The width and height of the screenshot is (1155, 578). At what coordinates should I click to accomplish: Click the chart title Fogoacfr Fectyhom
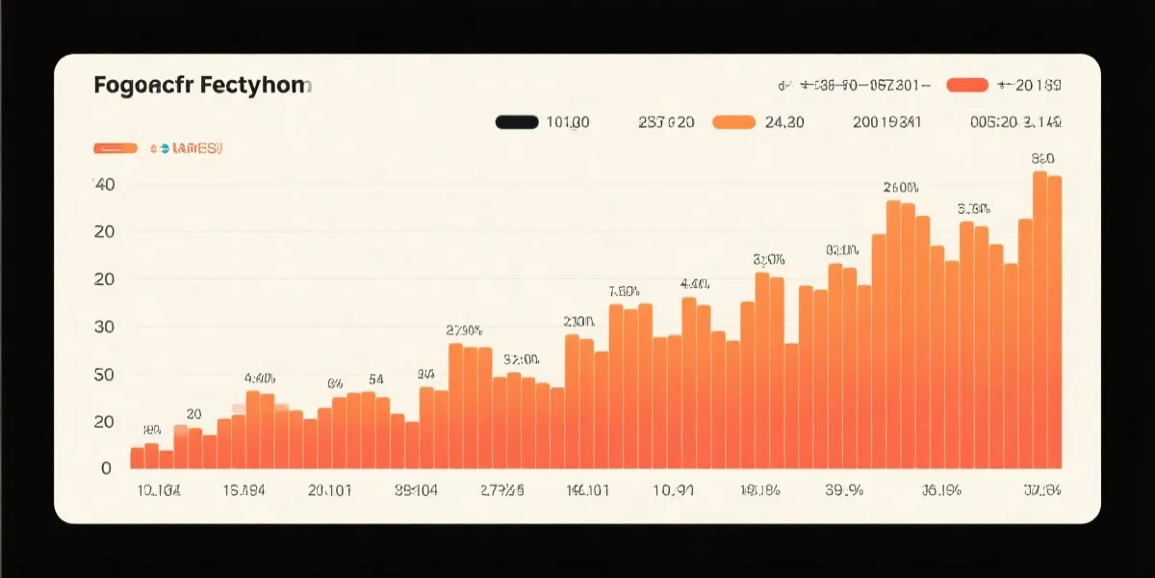coord(202,86)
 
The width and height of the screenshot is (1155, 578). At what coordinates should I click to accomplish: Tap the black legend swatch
coord(516,122)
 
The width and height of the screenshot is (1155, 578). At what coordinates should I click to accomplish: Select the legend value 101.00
coord(568,122)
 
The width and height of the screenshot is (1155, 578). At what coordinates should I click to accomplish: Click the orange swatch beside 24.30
coord(733,122)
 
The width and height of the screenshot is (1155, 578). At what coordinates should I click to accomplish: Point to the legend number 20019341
coord(886,122)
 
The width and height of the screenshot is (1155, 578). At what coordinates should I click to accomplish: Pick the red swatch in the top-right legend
coord(967,86)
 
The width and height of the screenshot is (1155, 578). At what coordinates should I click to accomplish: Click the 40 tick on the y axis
coord(104,184)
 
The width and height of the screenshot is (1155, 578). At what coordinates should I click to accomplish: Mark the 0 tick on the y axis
coord(107,468)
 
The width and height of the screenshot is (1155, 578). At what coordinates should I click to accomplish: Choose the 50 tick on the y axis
coord(104,374)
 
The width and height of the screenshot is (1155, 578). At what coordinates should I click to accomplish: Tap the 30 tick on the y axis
coord(104,327)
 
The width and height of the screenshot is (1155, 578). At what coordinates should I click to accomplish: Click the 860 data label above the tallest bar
coord(1042,158)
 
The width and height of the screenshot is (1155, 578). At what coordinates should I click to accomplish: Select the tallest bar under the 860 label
coord(1039,318)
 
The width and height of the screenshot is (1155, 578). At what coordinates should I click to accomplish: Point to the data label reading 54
coord(375,379)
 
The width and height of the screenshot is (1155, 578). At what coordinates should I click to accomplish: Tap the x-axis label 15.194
coord(244,490)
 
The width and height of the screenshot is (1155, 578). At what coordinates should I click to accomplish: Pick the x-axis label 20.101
coord(329,490)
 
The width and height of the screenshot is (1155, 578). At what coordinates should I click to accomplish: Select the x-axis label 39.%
coord(843,490)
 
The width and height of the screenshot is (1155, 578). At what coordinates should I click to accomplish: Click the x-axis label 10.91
coord(673,490)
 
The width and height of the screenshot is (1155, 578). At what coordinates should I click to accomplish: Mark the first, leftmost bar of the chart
coord(137,458)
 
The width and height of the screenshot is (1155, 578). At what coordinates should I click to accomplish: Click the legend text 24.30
coord(783,122)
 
